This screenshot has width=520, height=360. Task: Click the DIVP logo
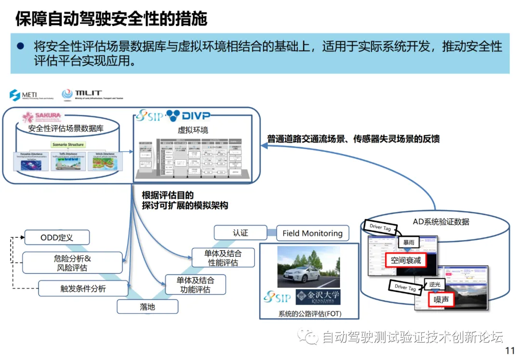pos(188,116)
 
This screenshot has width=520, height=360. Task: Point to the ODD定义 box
pos(56,237)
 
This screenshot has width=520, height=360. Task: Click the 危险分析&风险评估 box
pos(72,263)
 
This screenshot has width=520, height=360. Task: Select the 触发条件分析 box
pos(83,289)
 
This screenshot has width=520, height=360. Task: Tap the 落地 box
pos(147,307)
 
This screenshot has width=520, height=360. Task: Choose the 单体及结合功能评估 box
pos(195,284)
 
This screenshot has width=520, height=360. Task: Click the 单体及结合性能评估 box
pos(222,257)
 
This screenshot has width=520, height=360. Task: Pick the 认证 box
pos(240,232)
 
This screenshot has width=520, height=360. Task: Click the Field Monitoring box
pos(312,233)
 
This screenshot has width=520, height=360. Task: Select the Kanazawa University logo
pos(317,297)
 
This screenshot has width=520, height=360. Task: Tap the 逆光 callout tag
pos(435,284)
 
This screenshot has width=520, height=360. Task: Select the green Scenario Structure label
pos(68,144)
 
